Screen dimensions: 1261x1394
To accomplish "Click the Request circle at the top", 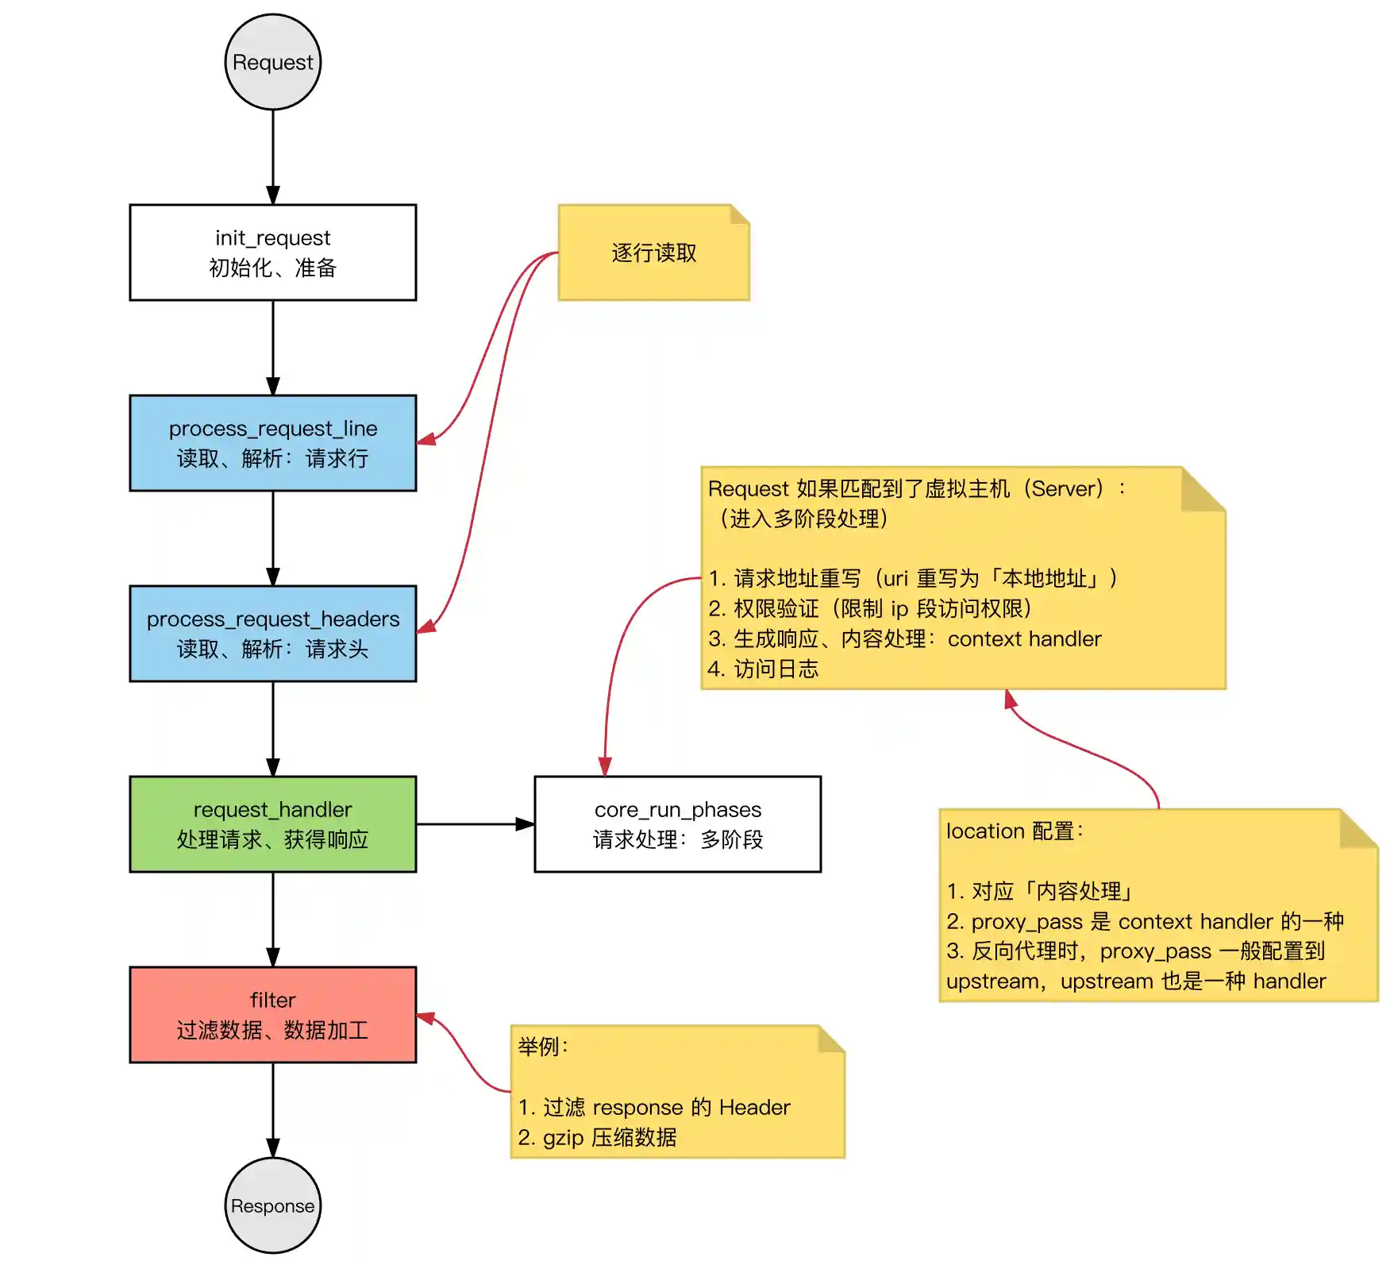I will tap(273, 62).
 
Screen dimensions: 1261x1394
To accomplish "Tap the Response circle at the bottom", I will tap(273, 1205).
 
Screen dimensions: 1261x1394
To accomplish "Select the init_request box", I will tap(273, 253).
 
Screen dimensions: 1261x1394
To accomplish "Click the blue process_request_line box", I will tap(273, 443).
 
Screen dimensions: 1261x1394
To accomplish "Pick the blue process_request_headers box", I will tap(273, 634).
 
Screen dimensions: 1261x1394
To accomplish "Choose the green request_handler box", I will tap(273, 824).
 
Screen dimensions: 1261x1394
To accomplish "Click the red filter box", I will tap(273, 1015).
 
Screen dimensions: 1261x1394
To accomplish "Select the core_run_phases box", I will tap(677, 824).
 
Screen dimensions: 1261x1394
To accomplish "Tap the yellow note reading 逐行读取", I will tap(653, 253).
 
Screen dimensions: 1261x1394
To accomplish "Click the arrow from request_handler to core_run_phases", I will tap(475, 824).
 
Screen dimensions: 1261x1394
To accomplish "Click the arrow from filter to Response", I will tap(273, 1109).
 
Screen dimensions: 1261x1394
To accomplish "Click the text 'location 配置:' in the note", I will tap(1015, 831).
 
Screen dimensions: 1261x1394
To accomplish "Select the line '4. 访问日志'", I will tap(763, 669).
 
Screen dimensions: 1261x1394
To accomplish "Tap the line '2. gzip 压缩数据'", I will tap(597, 1138).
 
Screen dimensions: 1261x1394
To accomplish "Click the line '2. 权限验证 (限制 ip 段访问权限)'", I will tap(870, 609).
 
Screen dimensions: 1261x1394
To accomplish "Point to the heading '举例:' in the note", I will tap(543, 1047).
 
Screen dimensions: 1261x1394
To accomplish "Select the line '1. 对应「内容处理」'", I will tap(1040, 892).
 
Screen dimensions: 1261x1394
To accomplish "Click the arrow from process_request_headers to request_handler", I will tap(273, 728).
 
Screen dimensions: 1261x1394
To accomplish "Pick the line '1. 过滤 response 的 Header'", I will tap(654, 1108).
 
